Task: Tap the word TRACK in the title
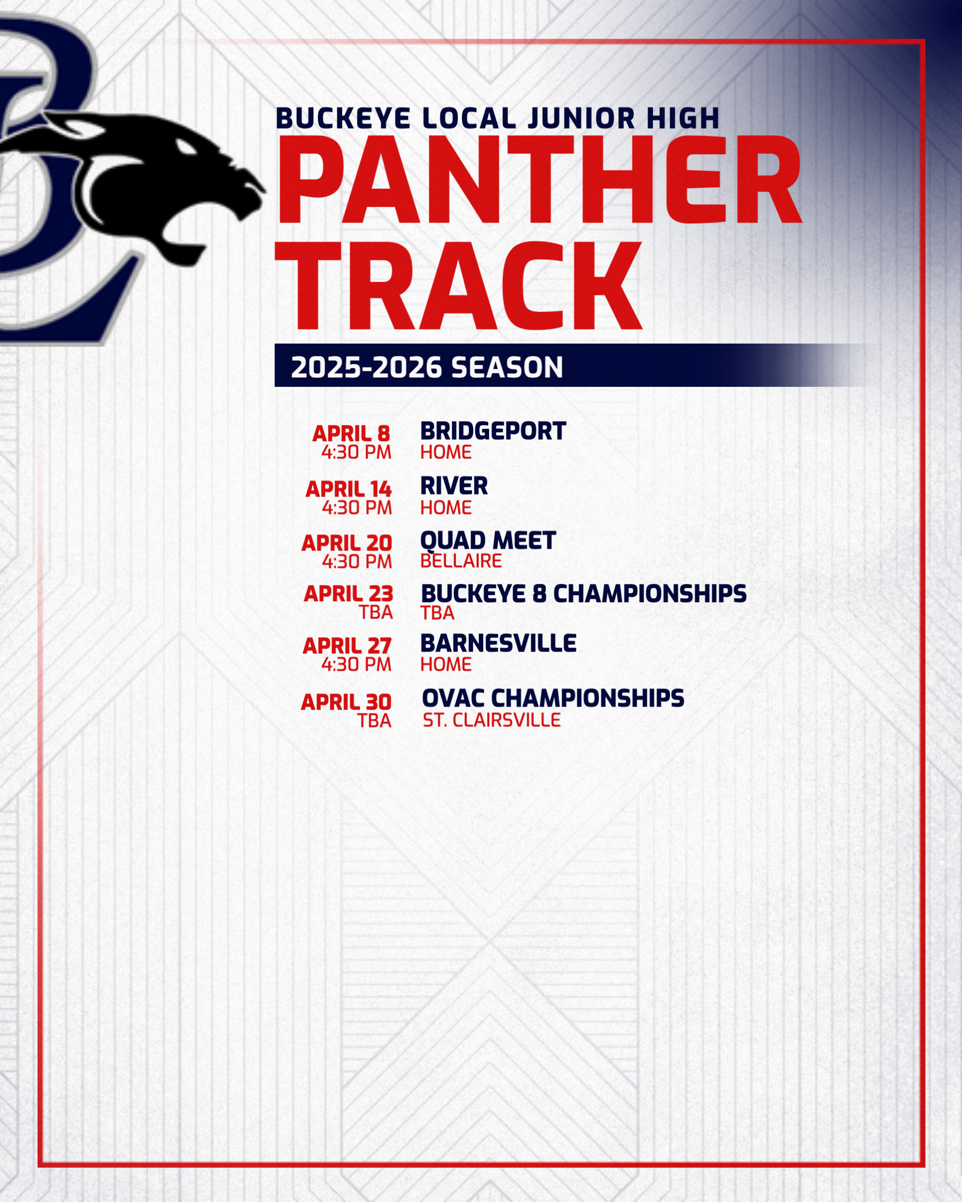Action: (x=458, y=285)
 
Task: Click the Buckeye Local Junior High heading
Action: (x=497, y=118)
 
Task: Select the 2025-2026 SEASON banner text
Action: (x=427, y=367)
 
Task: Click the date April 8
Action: (x=351, y=433)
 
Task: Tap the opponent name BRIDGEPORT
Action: (x=493, y=431)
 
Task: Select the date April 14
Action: (x=349, y=489)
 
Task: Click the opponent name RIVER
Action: (x=454, y=486)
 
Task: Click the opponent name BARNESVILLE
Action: (x=498, y=643)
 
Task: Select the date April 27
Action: (x=347, y=646)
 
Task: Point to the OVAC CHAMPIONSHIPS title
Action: (x=553, y=698)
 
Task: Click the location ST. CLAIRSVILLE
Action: (x=491, y=720)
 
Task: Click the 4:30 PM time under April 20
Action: (x=357, y=561)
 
